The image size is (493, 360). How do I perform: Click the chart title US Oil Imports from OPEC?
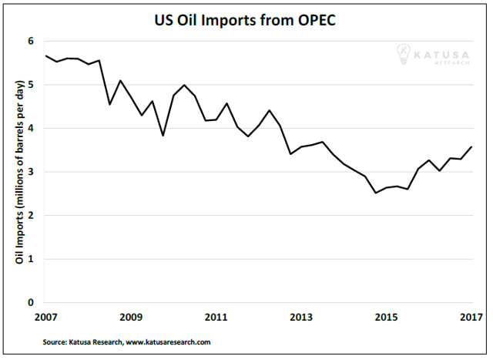(245, 16)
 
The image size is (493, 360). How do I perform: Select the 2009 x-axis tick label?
(131, 317)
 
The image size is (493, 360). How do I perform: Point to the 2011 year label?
(216, 317)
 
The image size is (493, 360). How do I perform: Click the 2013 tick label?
(301, 317)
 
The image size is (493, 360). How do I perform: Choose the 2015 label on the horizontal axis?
(386, 317)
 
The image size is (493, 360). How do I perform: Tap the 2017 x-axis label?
(471, 317)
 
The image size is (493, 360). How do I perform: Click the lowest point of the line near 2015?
(376, 193)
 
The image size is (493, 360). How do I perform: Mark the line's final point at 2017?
(471, 146)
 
